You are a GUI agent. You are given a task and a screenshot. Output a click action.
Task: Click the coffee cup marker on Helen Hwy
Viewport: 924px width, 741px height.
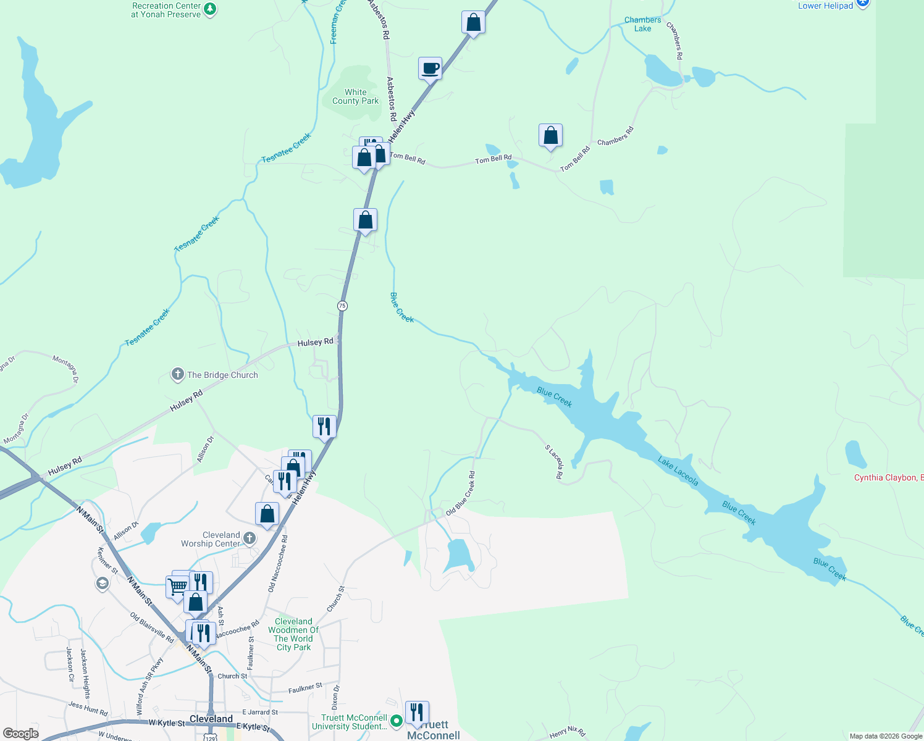click(x=430, y=69)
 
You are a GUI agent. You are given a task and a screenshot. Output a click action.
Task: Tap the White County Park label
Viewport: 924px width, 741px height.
click(x=355, y=97)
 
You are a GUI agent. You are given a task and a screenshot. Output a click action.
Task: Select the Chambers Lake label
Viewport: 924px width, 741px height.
click(x=642, y=24)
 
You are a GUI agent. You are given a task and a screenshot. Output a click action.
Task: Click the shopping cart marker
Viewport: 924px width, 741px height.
click(x=177, y=586)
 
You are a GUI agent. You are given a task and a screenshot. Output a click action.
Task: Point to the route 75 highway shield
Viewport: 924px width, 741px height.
click(x=342, y=306)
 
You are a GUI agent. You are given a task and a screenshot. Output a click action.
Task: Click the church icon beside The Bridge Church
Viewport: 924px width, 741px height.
click(x=177, y=374)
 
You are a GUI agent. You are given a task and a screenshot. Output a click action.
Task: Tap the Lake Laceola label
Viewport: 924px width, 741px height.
click(x=678, y=471)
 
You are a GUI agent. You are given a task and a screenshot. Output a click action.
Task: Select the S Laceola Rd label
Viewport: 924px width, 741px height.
click(x=555, y=461)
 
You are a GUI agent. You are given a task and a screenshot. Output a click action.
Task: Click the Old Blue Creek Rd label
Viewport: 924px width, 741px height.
click(x=461, y=493)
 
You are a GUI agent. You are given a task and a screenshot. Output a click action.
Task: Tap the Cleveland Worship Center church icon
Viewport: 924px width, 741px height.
click(x=250, y=538)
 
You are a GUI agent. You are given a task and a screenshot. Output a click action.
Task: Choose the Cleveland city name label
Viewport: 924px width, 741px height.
click(x=211, y=719)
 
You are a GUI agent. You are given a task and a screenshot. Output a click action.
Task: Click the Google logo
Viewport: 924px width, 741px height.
click(x=21, y=733)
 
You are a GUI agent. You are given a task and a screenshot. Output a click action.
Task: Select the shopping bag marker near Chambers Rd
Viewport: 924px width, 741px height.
click(x=550, y=135)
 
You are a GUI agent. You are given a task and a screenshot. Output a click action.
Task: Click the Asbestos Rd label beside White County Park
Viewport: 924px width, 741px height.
click(x=392, y=98)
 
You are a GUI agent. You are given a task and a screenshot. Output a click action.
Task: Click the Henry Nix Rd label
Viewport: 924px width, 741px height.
click(x=567, y=732)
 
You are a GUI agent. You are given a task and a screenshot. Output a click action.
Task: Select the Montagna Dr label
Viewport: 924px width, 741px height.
click(x=66, y=369)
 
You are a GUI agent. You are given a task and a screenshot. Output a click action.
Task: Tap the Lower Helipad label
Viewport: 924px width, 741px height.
click(x=825, y=6)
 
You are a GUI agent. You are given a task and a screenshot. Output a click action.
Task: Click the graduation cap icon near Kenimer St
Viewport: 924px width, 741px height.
click(x=102, y=584)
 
